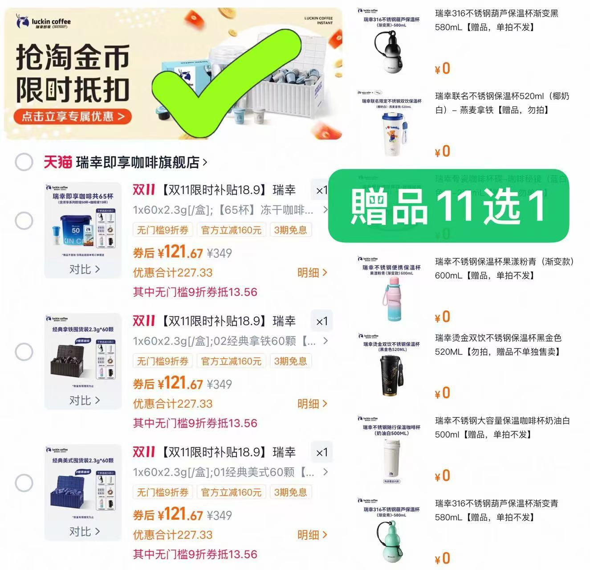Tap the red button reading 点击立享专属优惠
point(73,117)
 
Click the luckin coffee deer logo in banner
point(21,21)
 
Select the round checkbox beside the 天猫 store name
point(24,162)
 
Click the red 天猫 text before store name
point(57,162)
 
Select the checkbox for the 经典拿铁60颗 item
point(24,352)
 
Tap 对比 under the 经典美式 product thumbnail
point(84,531)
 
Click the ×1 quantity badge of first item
point(321,190)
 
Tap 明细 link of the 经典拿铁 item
point(312,403)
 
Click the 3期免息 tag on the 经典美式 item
point(290,492)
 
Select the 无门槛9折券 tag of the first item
point(163,230)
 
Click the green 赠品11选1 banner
point(448,206)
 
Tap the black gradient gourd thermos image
point(391,51)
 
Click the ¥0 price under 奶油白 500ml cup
point(442,476)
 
